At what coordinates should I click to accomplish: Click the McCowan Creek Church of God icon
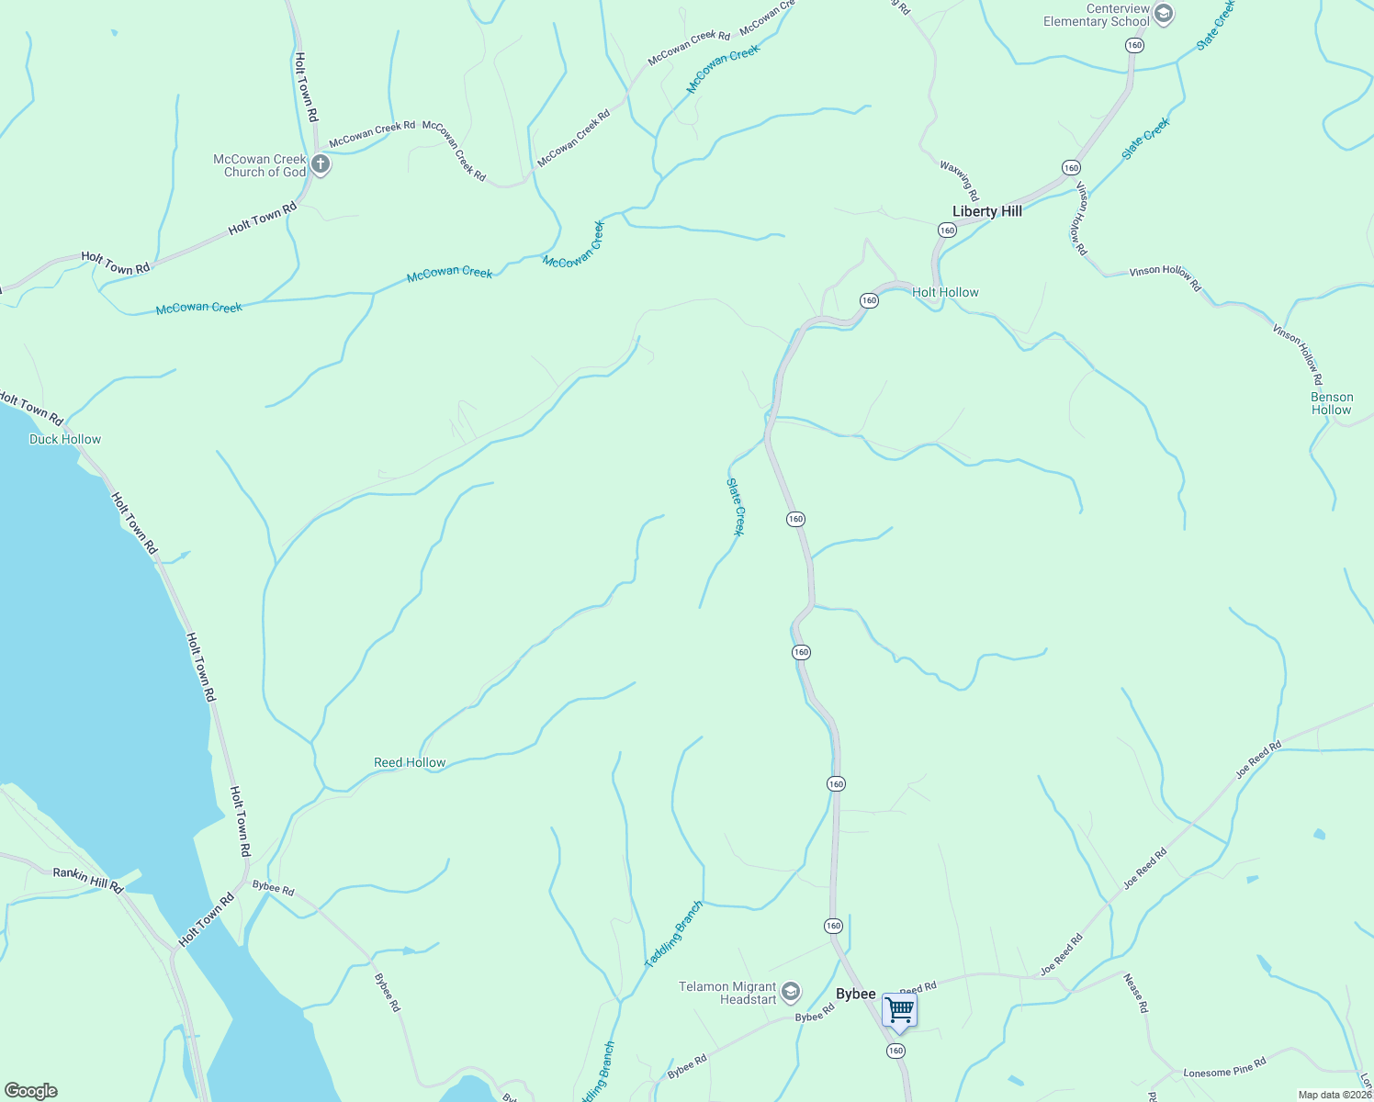[320, 165]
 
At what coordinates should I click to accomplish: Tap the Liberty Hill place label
[986, 211]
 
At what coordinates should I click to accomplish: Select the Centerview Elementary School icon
[1164, 14]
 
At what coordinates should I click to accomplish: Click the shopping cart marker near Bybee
[899, 1010]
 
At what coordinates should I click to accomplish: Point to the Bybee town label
[855, 995]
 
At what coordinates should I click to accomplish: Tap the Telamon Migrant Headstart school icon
[791, 993]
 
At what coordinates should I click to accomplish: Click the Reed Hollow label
[410, 762]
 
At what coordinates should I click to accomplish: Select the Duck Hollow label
[65, 439]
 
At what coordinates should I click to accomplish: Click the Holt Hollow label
[945, 292]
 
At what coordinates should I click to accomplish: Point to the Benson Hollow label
[1331, 404]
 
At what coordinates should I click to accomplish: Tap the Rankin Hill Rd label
[87, 879]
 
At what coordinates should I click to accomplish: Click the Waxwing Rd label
[959, 181]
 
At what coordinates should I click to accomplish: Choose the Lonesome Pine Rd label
[1224, 1067]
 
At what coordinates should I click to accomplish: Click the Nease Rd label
[1136, 994]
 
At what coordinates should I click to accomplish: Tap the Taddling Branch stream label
[673, 935]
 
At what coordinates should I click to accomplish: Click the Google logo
[30, 1091]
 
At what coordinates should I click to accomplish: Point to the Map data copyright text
[1335, 1095]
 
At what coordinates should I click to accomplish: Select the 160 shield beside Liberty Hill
[947, 231]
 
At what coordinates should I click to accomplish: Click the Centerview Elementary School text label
[1097, 15]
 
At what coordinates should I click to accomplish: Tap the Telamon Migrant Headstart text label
[727, 993]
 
